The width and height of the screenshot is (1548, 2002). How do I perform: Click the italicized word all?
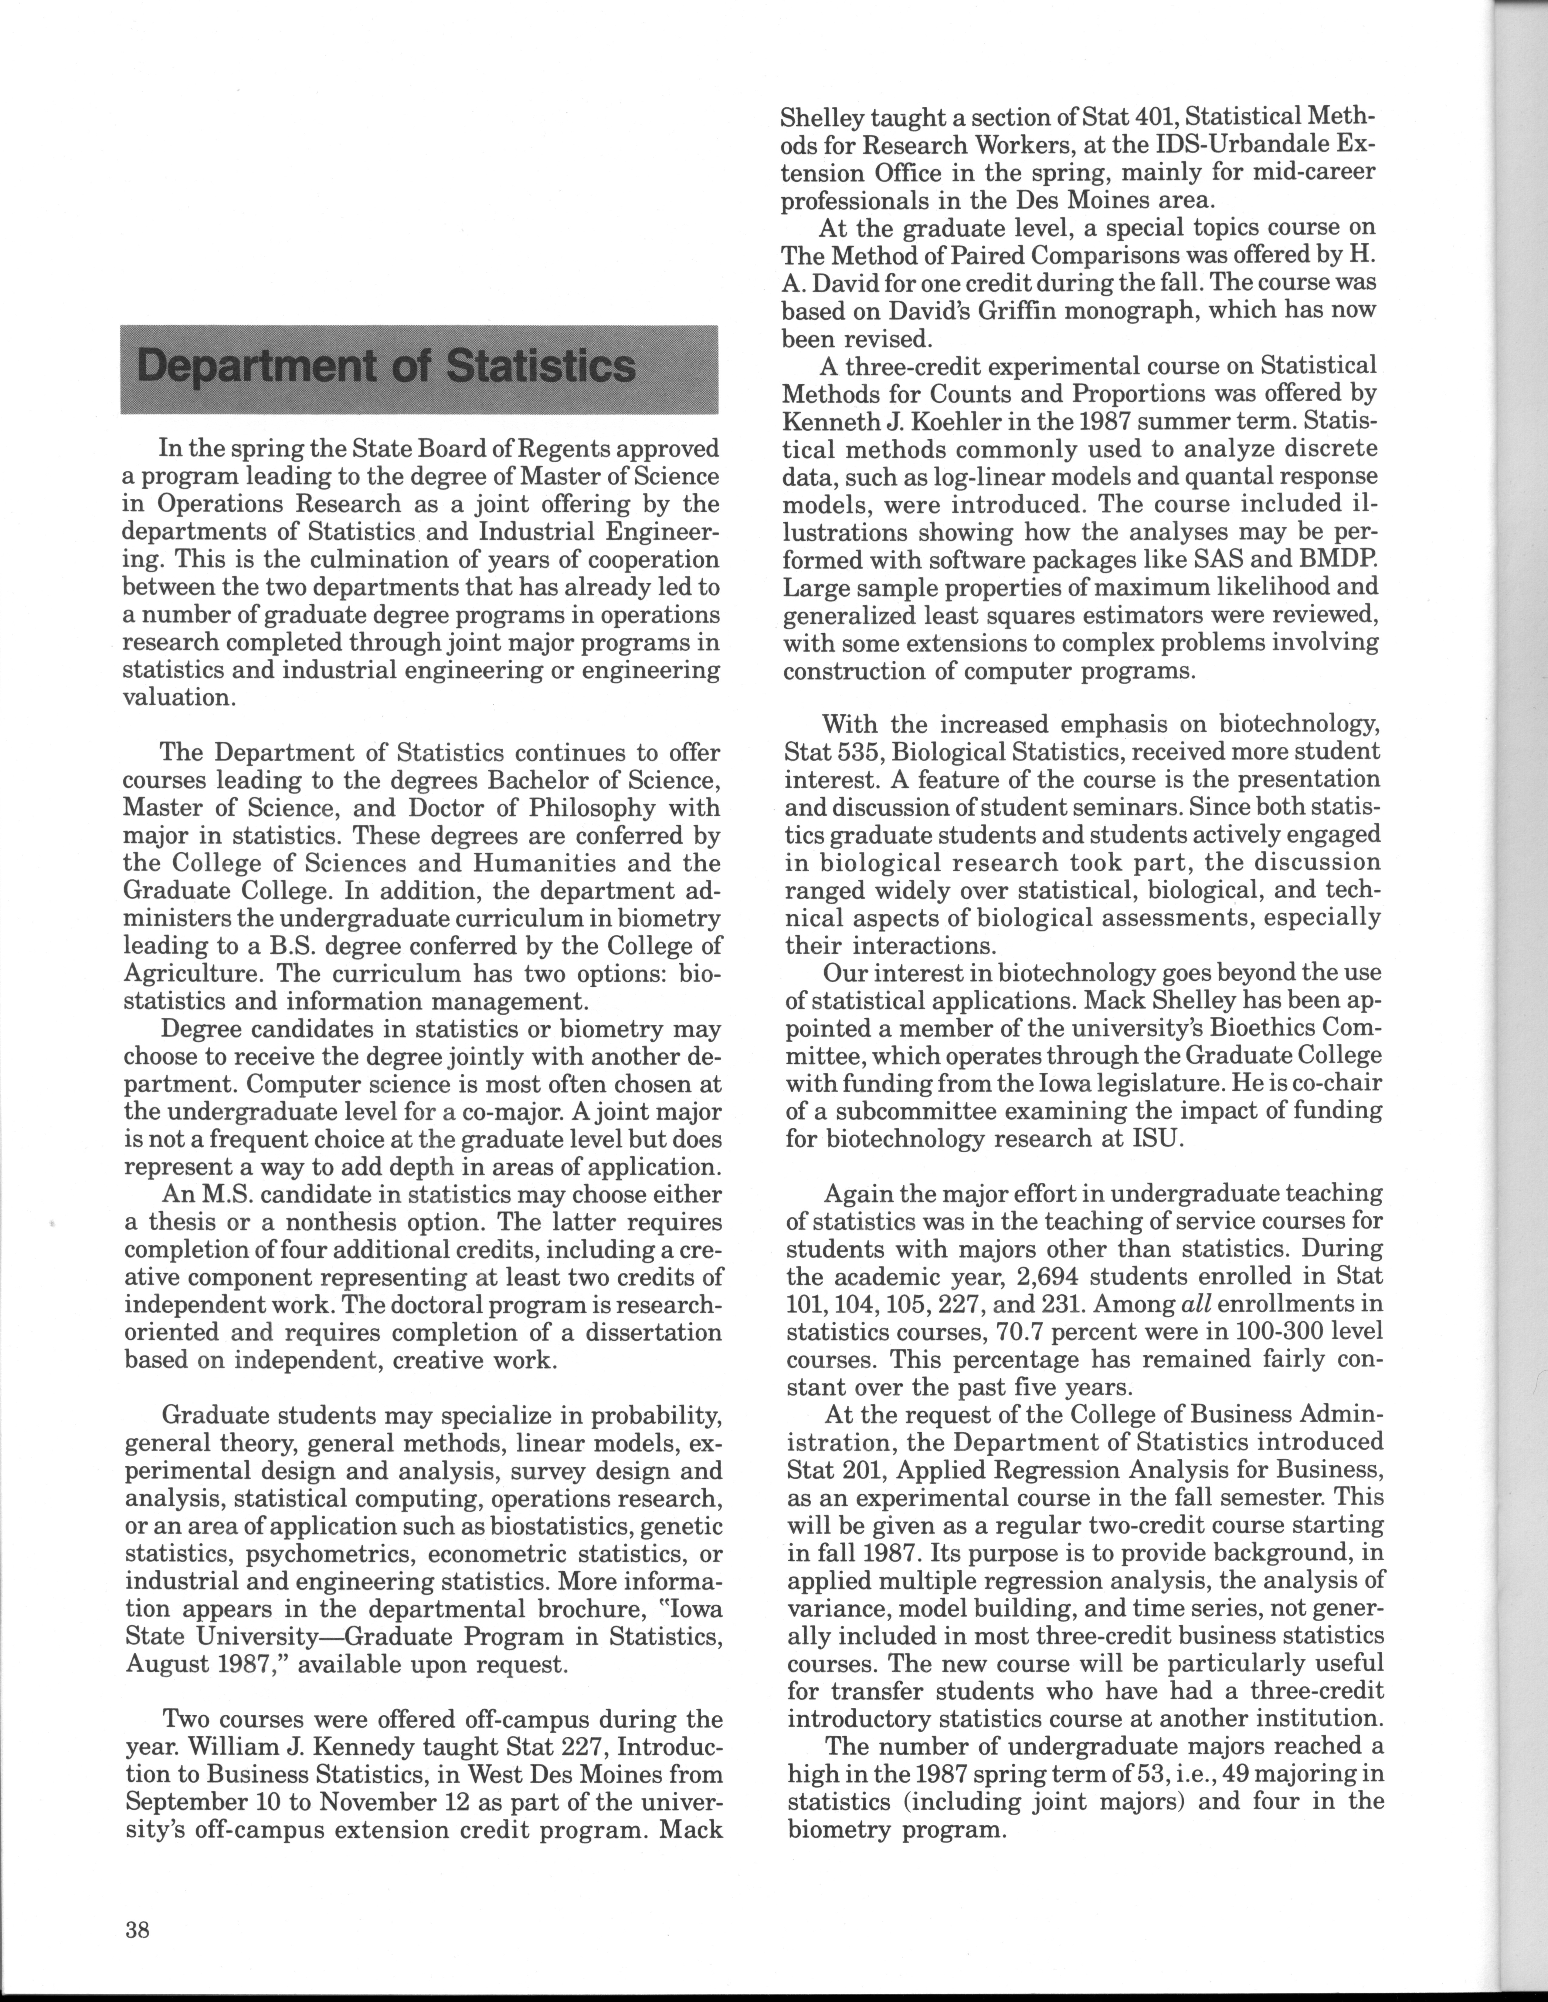(1221, 1303)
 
